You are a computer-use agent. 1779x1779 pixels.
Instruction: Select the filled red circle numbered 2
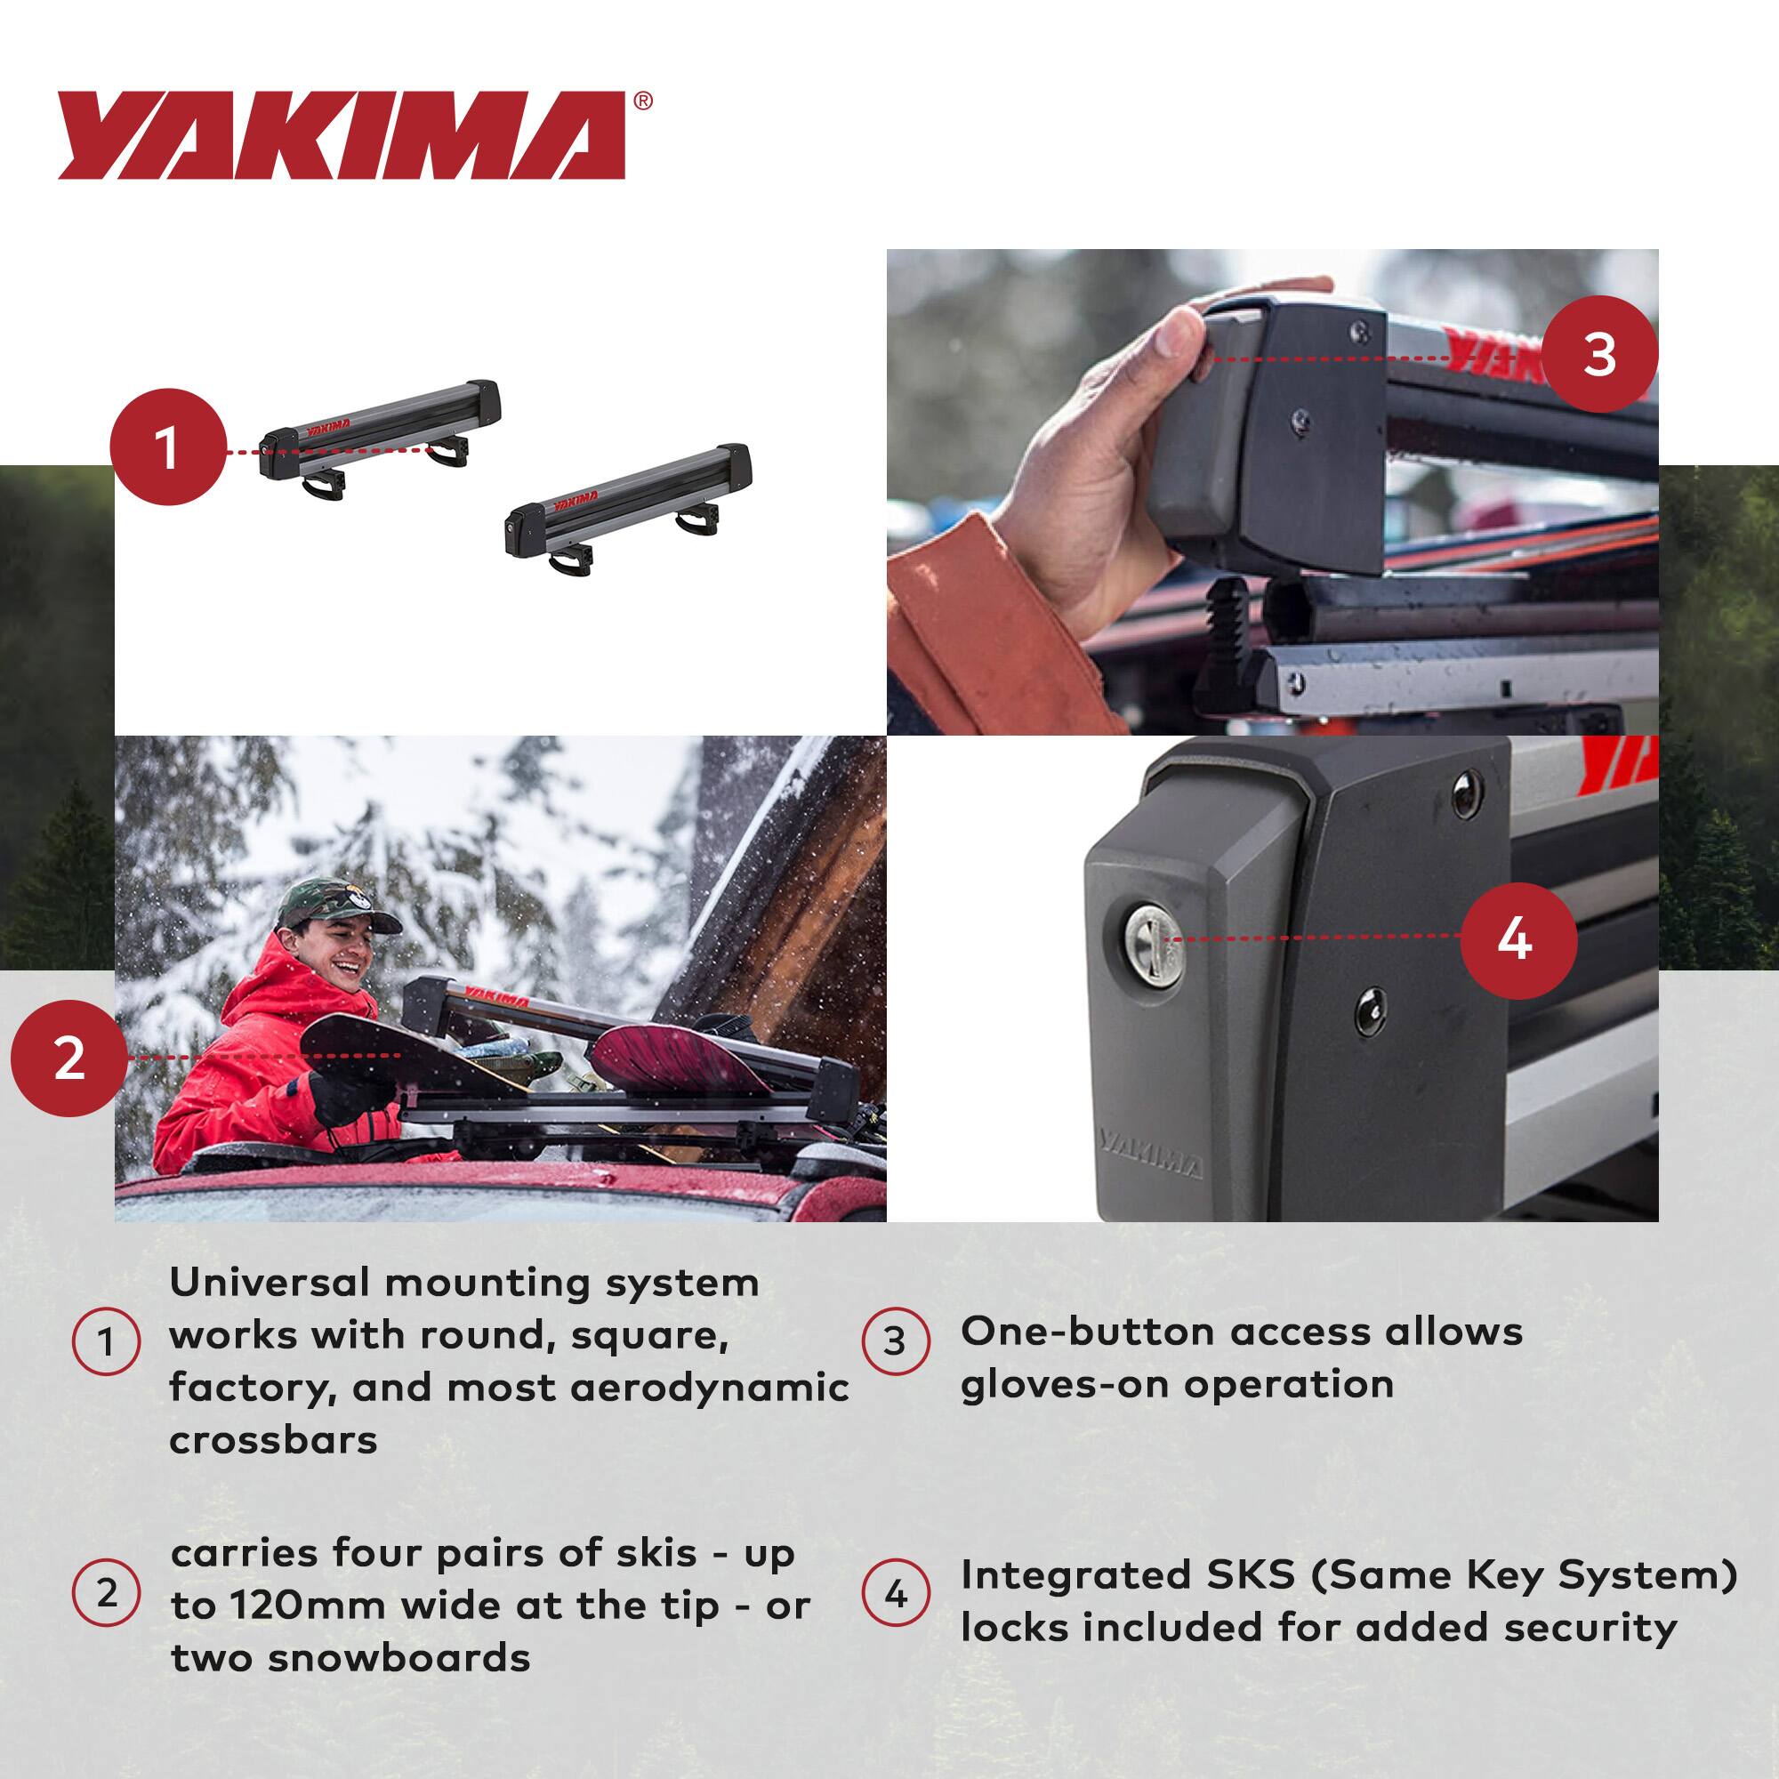point(69,1059)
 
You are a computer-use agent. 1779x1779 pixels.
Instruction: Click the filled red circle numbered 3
point(1599,355)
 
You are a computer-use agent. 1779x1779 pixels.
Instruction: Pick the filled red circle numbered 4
point(1514,940)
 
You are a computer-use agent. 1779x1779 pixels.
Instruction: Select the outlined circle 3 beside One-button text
point(894,1341)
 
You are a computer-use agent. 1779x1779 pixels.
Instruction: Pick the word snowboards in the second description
point(350,1657)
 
